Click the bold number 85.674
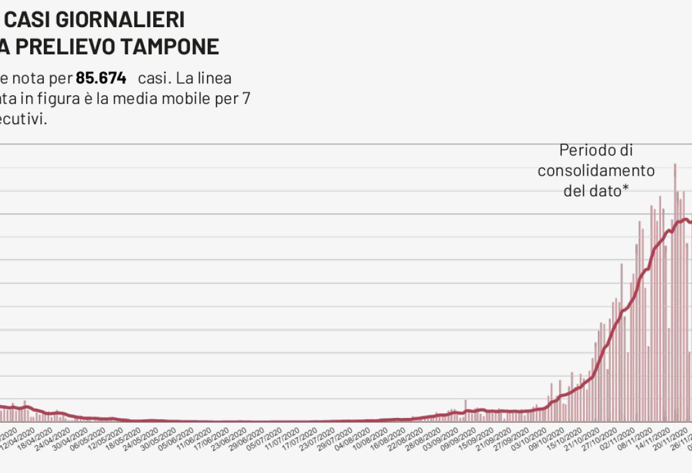[x=101, y=78]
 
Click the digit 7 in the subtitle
[x=246, y=98]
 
